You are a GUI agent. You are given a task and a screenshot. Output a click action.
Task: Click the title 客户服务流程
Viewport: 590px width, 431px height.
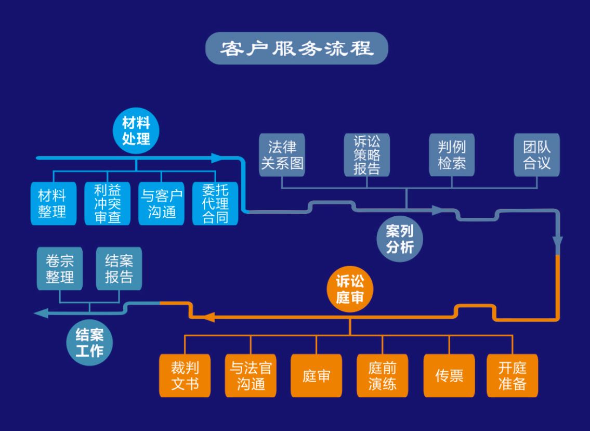(296, 48)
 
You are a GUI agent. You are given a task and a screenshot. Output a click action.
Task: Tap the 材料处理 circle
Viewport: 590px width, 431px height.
(136, 131)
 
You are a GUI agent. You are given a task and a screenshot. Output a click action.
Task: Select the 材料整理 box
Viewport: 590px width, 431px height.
(53, 203)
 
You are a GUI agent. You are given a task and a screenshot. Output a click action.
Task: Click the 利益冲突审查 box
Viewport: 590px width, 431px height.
(107, 203)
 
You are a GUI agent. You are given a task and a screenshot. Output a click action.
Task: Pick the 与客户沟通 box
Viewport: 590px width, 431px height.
(162, 203)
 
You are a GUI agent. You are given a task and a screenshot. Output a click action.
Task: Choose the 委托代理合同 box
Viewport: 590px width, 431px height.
(215, 203)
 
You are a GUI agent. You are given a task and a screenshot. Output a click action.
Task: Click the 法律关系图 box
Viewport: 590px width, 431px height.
(282, 155)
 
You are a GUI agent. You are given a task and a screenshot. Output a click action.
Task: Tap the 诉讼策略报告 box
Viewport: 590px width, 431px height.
(366, 155)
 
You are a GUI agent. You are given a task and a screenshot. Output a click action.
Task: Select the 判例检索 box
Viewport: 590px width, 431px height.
(452, 155)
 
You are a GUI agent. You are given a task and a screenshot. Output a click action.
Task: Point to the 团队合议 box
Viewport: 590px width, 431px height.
(536, 155)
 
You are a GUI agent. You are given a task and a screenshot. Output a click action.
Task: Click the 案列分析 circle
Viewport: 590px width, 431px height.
(400, 239)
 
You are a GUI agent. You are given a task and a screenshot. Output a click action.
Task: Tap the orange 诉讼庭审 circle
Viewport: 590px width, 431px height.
(350, 290)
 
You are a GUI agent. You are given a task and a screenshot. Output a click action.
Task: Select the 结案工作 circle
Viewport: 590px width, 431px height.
(89, 343)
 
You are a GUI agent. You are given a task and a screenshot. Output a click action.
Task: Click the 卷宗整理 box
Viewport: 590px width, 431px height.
(60, 268)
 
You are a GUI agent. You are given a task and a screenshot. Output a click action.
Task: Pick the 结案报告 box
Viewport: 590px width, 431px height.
(119, 268)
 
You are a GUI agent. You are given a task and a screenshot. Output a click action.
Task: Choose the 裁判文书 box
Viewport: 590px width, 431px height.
(185, 375)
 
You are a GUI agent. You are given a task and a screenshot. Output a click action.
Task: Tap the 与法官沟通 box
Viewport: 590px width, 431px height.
(251, 375)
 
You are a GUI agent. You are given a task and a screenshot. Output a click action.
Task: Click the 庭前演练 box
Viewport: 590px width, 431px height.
(382, 375)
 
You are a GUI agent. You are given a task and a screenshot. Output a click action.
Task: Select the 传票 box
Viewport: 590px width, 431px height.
(449, 375)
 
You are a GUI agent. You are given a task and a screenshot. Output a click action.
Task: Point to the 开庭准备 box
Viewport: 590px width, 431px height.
(512, 375)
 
